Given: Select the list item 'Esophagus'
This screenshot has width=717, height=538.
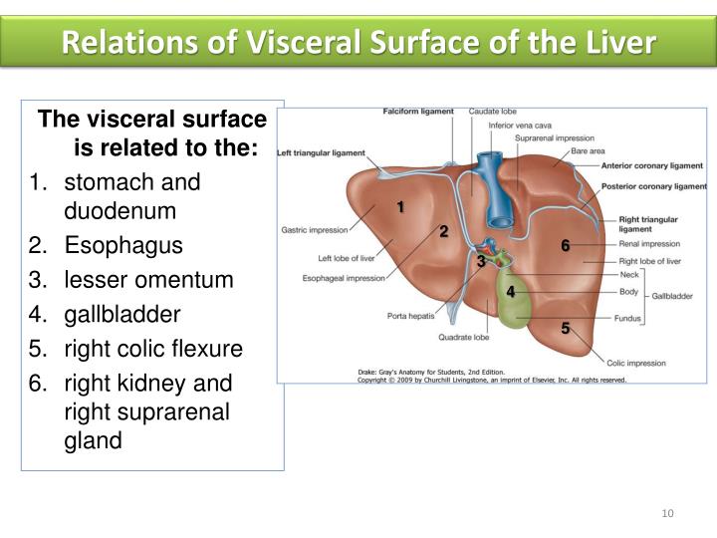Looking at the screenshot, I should (109, 246).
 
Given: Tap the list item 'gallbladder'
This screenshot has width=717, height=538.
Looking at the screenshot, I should (121, 315).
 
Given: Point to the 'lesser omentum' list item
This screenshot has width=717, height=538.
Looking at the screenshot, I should (147, 281).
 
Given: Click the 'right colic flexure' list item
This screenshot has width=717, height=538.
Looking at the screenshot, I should (152, 350).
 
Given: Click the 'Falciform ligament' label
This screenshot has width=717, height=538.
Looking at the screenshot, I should (418, 112).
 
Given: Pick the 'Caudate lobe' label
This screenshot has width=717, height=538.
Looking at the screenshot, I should (491, 112).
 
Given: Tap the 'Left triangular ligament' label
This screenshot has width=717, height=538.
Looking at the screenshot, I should (321, 153).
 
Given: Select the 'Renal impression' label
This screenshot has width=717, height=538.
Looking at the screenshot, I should (649, 243).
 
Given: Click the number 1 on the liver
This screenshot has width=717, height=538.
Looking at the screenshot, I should (399, 206).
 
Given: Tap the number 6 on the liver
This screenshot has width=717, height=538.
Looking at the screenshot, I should (565, 245).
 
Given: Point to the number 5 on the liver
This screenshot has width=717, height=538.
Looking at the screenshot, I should (565, 327).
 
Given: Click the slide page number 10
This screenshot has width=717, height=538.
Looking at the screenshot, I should (667, 513).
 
